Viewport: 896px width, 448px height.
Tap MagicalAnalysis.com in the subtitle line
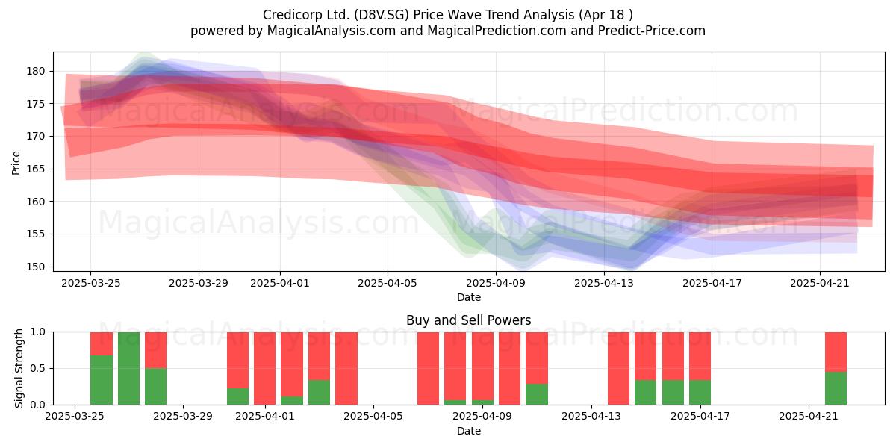click(x=332, y=31)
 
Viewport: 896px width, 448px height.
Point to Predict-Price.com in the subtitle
click(x=652, y=31)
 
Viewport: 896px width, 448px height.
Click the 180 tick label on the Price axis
click(x=36, y=72)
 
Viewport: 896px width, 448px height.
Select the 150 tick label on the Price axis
click(x=36, y=267)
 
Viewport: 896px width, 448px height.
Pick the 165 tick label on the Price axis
click(x=36, y=169)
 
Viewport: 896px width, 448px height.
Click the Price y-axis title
click(x=16, y=163)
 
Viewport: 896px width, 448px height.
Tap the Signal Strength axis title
click(x=19, y=368)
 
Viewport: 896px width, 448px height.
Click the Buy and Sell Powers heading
click(x=468, y=320)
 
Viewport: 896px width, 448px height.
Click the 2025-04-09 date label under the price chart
click(x=496, y=283)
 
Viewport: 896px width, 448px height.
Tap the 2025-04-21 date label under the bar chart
click(x=809, y=417)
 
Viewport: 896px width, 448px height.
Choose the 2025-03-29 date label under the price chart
click(x=199, y=283)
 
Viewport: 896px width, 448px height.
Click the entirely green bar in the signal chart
click(x=128, y=368)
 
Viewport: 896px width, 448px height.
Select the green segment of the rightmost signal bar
click(x=836, y=388)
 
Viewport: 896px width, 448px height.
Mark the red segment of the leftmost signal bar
click(x=102, y=343)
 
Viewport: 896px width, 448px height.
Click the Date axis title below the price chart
click(x=469, y=297)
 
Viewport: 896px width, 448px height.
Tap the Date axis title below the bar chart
click(x=469, y=431)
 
